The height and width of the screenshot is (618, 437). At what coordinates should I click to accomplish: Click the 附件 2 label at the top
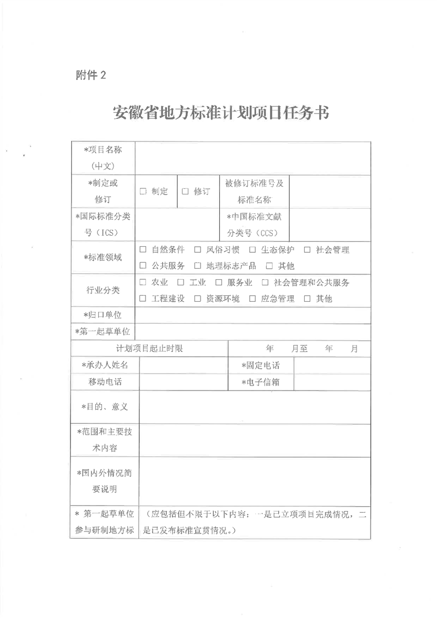coord(90,76)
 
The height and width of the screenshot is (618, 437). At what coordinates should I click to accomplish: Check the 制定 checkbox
coord(142,192)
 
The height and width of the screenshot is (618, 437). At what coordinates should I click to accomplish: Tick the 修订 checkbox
coord(185,192)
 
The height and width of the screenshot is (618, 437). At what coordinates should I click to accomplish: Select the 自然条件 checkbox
coord(142,250)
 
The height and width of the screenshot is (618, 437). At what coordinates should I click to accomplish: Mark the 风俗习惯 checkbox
coord(197,250)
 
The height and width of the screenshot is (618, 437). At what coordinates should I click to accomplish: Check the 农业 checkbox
coord(142,283)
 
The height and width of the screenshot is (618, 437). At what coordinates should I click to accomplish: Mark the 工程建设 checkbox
coord(142,299)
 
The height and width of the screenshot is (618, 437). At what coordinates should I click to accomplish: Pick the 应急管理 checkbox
coord(251,299)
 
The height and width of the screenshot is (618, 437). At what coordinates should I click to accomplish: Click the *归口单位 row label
coord(102,315)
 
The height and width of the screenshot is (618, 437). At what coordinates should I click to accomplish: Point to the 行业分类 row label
coord(102,290)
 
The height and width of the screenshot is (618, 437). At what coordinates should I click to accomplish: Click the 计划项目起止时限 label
coord(149,349)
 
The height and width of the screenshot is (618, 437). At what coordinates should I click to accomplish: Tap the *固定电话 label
coord(260,365)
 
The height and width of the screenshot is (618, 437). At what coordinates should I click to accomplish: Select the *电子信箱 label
coord(260,382)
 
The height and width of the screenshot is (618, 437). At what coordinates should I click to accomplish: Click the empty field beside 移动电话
coord(183,382)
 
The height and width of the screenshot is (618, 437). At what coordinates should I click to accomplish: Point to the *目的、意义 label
coord(104,406)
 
